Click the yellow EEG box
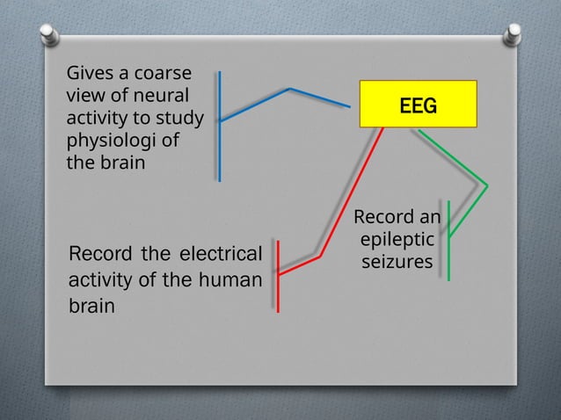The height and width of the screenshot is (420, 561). [418, 105]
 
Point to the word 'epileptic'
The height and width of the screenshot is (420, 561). [395, 239]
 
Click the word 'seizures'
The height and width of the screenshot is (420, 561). [396, 262]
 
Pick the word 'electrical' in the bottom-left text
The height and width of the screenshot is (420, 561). [221, 255]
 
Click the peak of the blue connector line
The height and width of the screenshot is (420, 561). [290, 88]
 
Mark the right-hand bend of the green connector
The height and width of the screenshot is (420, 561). [485, 184]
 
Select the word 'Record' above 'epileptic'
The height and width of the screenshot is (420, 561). [380, 217]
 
